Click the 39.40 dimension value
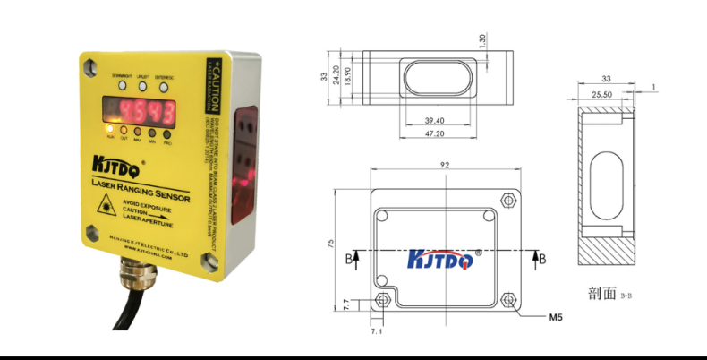tap(434, 119)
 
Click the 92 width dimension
tap(444, 164)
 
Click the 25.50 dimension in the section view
tap(601, 93)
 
